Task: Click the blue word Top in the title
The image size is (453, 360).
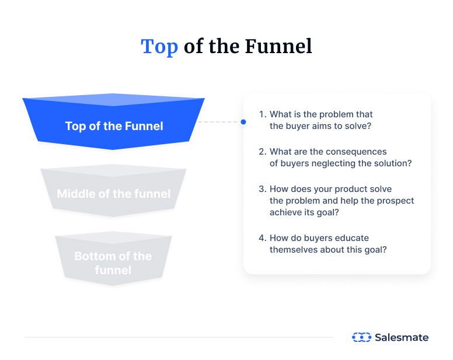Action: [159, 47]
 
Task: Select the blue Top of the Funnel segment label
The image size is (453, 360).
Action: [114, 126]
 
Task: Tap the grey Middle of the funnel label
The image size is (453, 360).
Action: [114, 194]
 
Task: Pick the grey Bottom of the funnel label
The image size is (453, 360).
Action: [113, 263]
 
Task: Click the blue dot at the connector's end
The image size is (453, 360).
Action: [243, 122]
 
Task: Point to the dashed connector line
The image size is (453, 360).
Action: [219, 122]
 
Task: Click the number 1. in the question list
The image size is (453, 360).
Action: [262, 114]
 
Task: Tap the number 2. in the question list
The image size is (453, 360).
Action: [262, 152]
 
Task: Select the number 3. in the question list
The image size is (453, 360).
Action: [262, 189]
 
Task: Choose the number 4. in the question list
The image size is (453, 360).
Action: [262, 238]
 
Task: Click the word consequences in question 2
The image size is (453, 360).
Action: [358, 152]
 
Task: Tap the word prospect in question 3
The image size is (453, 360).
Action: [394, 201]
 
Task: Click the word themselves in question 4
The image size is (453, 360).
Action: [291, 250]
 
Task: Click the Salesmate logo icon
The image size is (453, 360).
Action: [361, 337]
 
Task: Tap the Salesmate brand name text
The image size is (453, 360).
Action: [401, 337]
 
